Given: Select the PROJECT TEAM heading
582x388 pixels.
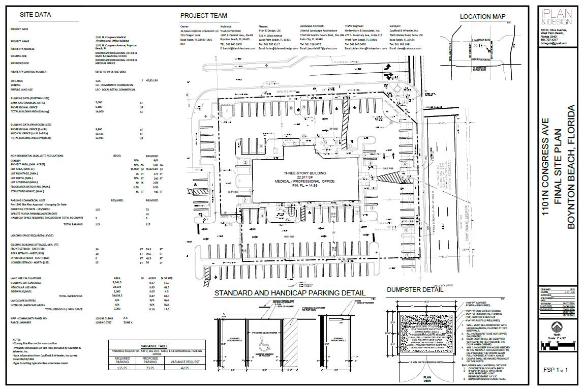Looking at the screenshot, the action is coord(203,16).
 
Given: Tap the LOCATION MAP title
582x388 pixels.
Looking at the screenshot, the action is coord(482,17).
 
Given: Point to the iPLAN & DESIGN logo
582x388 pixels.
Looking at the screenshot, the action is coord(549,18).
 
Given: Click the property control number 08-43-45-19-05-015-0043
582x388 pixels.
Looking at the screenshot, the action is coord(110,72).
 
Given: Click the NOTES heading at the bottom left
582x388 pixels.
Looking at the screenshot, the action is coord(17,340).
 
